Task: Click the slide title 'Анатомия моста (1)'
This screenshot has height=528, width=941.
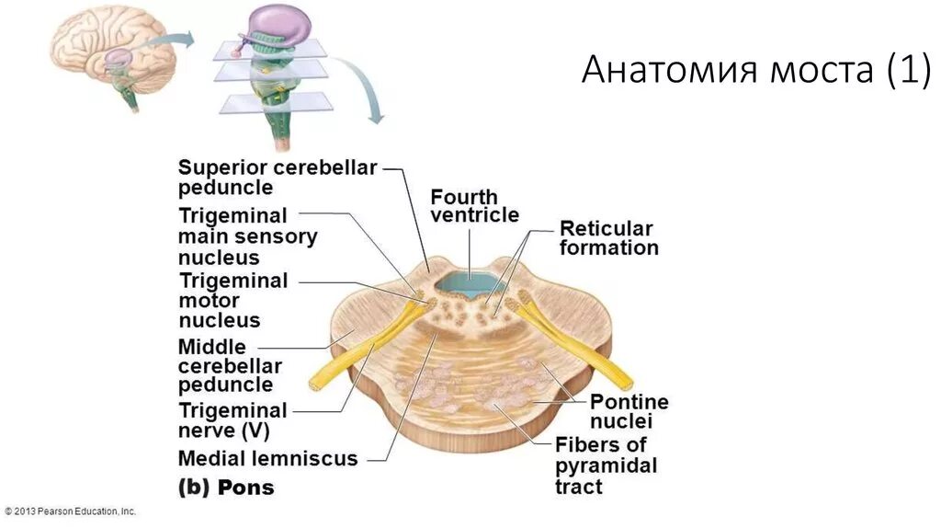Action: (755, 70)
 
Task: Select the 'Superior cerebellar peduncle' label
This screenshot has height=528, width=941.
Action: (277, 178)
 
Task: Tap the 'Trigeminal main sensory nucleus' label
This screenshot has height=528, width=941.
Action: (247, 236)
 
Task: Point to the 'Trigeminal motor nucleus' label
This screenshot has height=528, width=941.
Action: (232, 301)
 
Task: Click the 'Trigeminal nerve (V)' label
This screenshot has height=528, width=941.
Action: (232, 420)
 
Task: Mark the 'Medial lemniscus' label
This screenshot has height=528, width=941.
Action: (267, 458)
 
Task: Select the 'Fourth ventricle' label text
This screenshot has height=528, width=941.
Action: (474, 206)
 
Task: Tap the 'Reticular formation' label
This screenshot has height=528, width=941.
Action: (608, 238)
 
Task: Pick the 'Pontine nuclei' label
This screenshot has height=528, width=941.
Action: (629, 411)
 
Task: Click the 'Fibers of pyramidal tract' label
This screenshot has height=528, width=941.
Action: (606, 465)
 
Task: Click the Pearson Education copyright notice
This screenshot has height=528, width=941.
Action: (70, 511)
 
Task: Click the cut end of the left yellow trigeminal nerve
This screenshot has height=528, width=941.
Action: (316, 385)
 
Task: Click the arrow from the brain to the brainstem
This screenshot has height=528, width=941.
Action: (176, 40)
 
